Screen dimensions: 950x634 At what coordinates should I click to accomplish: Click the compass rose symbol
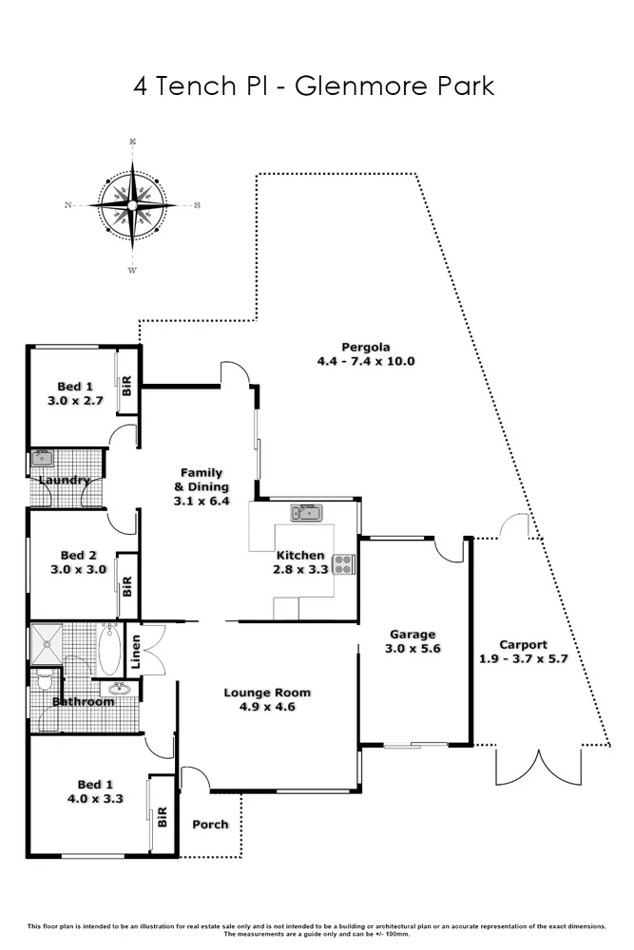133,205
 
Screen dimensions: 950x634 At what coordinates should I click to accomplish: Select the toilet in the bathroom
43,681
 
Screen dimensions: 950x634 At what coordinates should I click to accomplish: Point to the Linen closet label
136,651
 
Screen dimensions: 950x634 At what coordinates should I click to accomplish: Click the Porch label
210,824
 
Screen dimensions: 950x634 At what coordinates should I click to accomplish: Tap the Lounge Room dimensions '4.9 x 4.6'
267,707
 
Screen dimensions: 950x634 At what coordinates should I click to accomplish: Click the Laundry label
65,480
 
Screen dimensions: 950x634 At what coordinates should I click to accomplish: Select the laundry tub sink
41,458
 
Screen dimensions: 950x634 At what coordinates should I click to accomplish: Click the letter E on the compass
133,142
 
